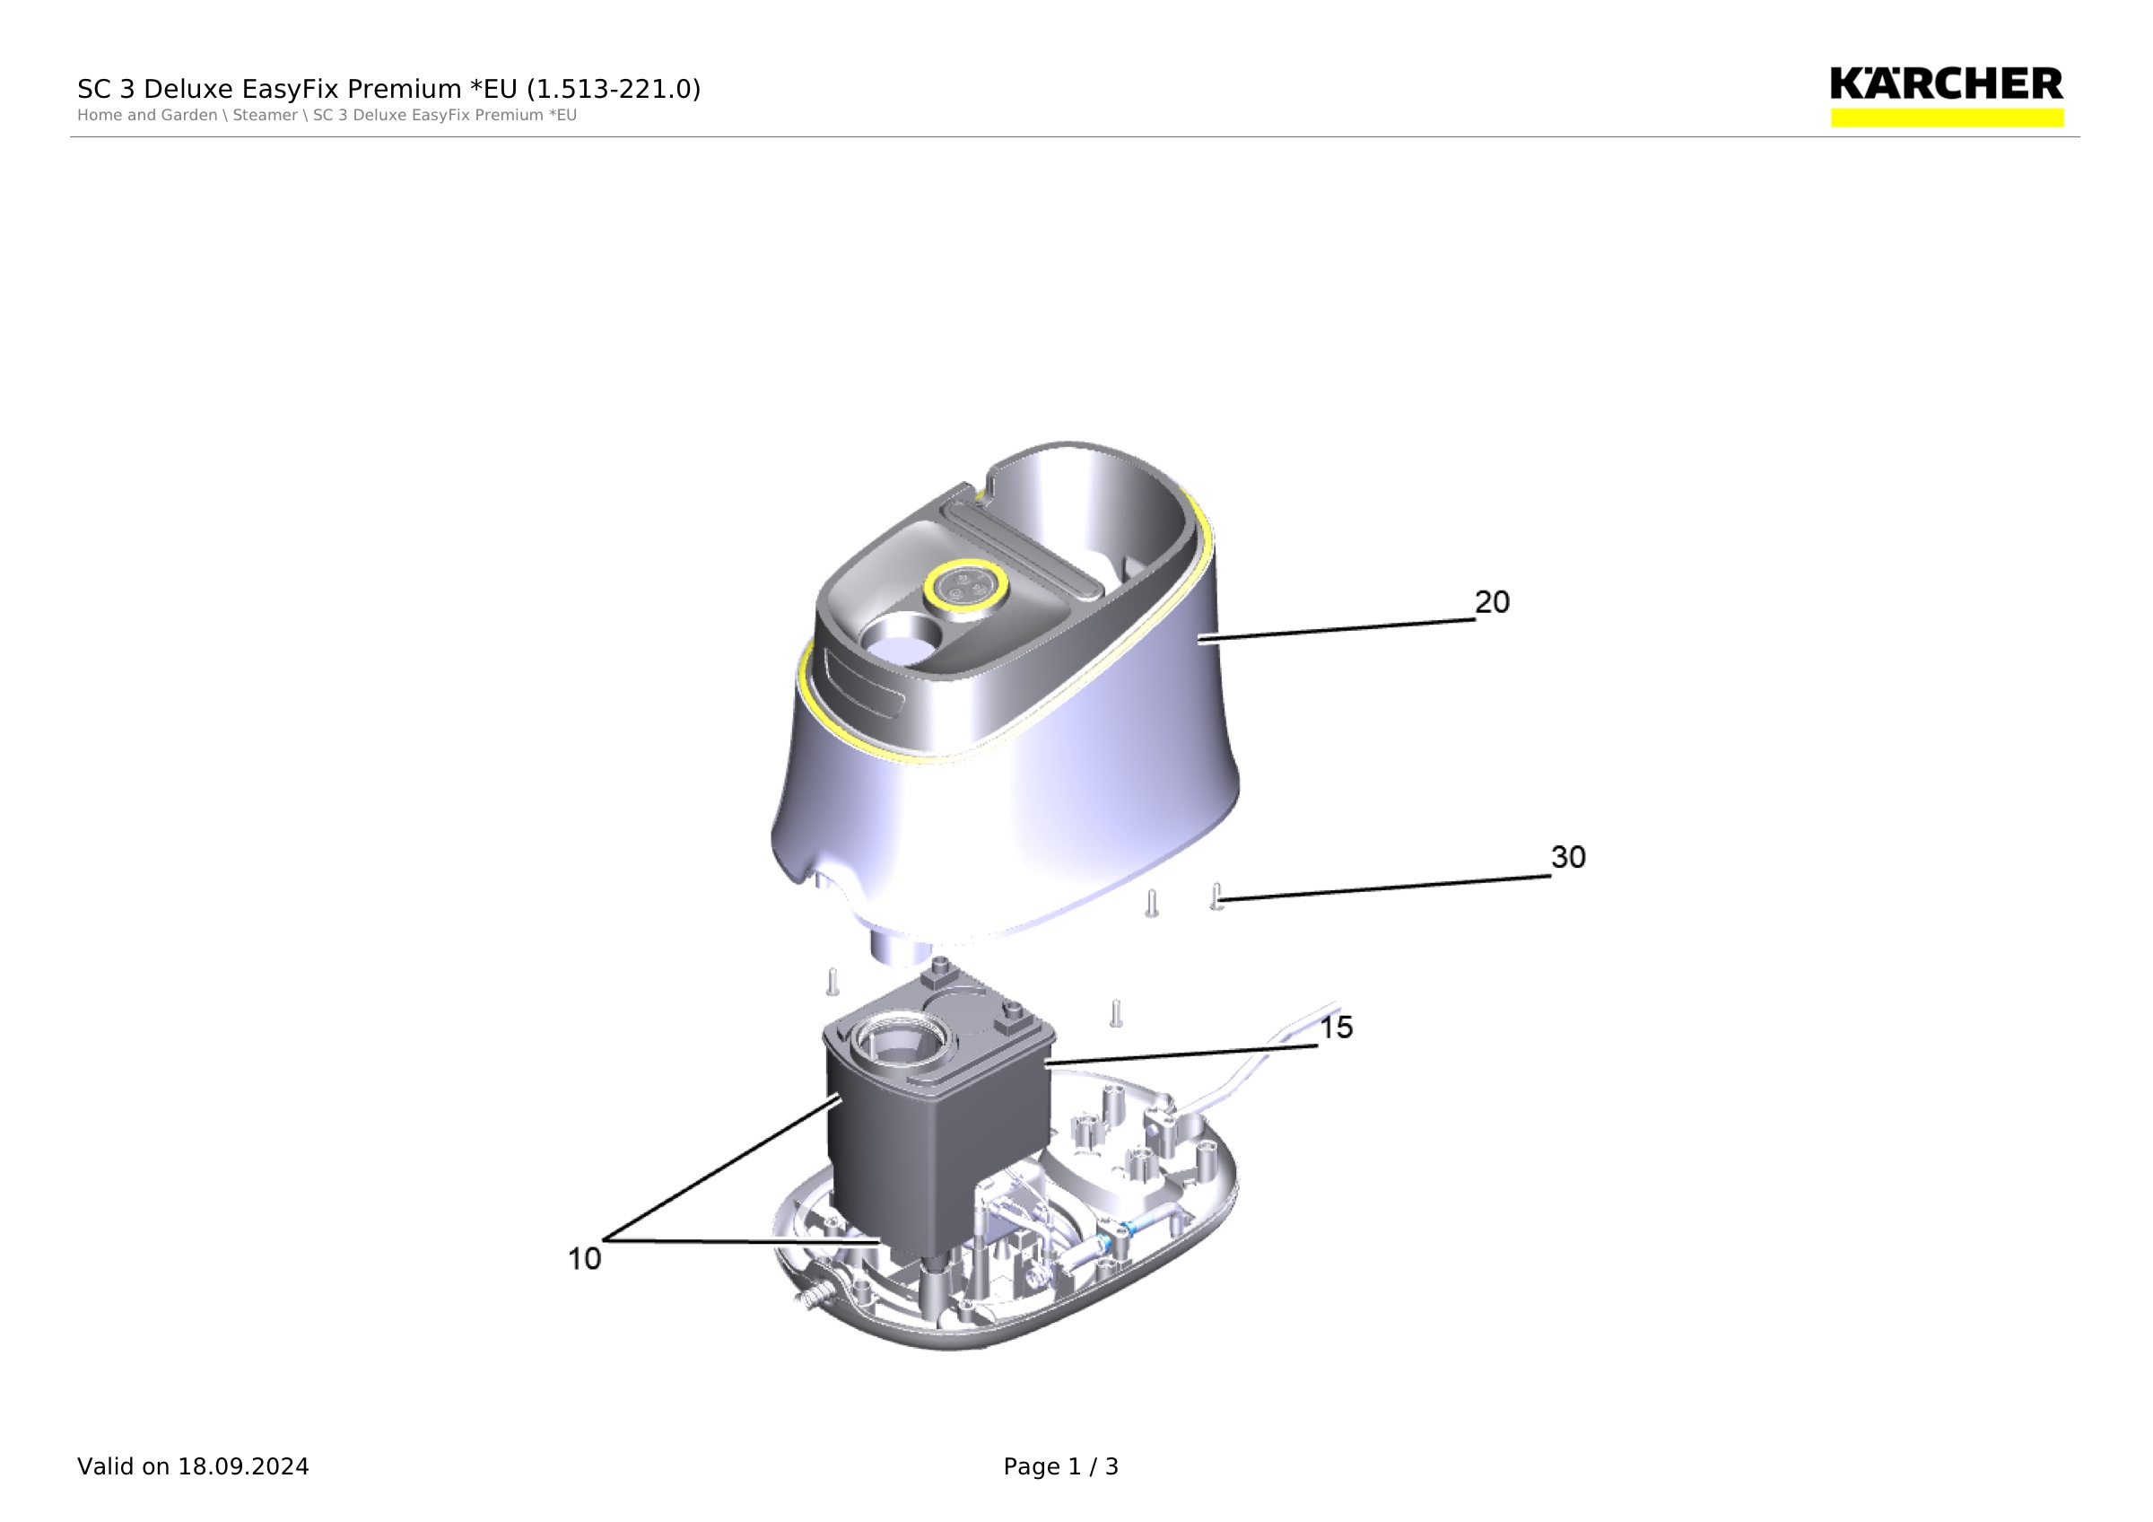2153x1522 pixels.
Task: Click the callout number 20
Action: [1492, 602]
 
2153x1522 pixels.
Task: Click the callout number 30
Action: [1568, 857]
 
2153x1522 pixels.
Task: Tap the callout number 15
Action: [1337, 1028]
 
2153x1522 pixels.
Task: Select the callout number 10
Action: [584, 1258]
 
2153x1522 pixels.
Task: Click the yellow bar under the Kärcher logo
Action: [1947, 118]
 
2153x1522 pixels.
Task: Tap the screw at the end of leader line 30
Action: [1217, 897]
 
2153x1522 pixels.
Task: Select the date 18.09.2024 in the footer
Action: [244, 1466]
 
